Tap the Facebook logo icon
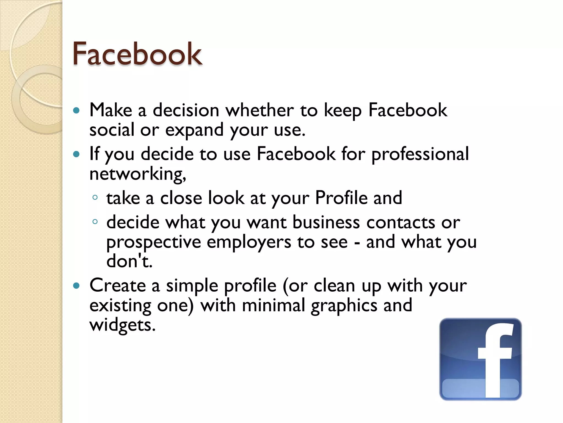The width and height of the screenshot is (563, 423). tap(481, 359)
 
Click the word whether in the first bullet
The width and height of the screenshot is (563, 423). tap(260, 110)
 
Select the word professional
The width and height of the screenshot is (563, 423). tap(420, 154)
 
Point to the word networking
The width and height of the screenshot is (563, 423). tap(138, 174)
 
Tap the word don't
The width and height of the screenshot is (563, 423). tap(129, 261)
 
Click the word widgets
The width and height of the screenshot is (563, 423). tap(122, 325)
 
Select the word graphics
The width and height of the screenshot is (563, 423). tap(344, 306)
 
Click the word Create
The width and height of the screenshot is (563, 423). tap(118, 285)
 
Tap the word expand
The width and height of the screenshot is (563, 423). tap(194, 130)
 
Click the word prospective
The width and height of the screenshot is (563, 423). tap(154, 242)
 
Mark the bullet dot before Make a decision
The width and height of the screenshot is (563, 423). tap(76, 111)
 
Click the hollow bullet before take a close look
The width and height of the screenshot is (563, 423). tap(95, 197)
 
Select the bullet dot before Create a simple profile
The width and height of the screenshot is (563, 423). tap(76, 286)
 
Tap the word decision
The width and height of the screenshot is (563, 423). tap(186, 110)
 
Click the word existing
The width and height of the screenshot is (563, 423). tap(120, 306)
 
